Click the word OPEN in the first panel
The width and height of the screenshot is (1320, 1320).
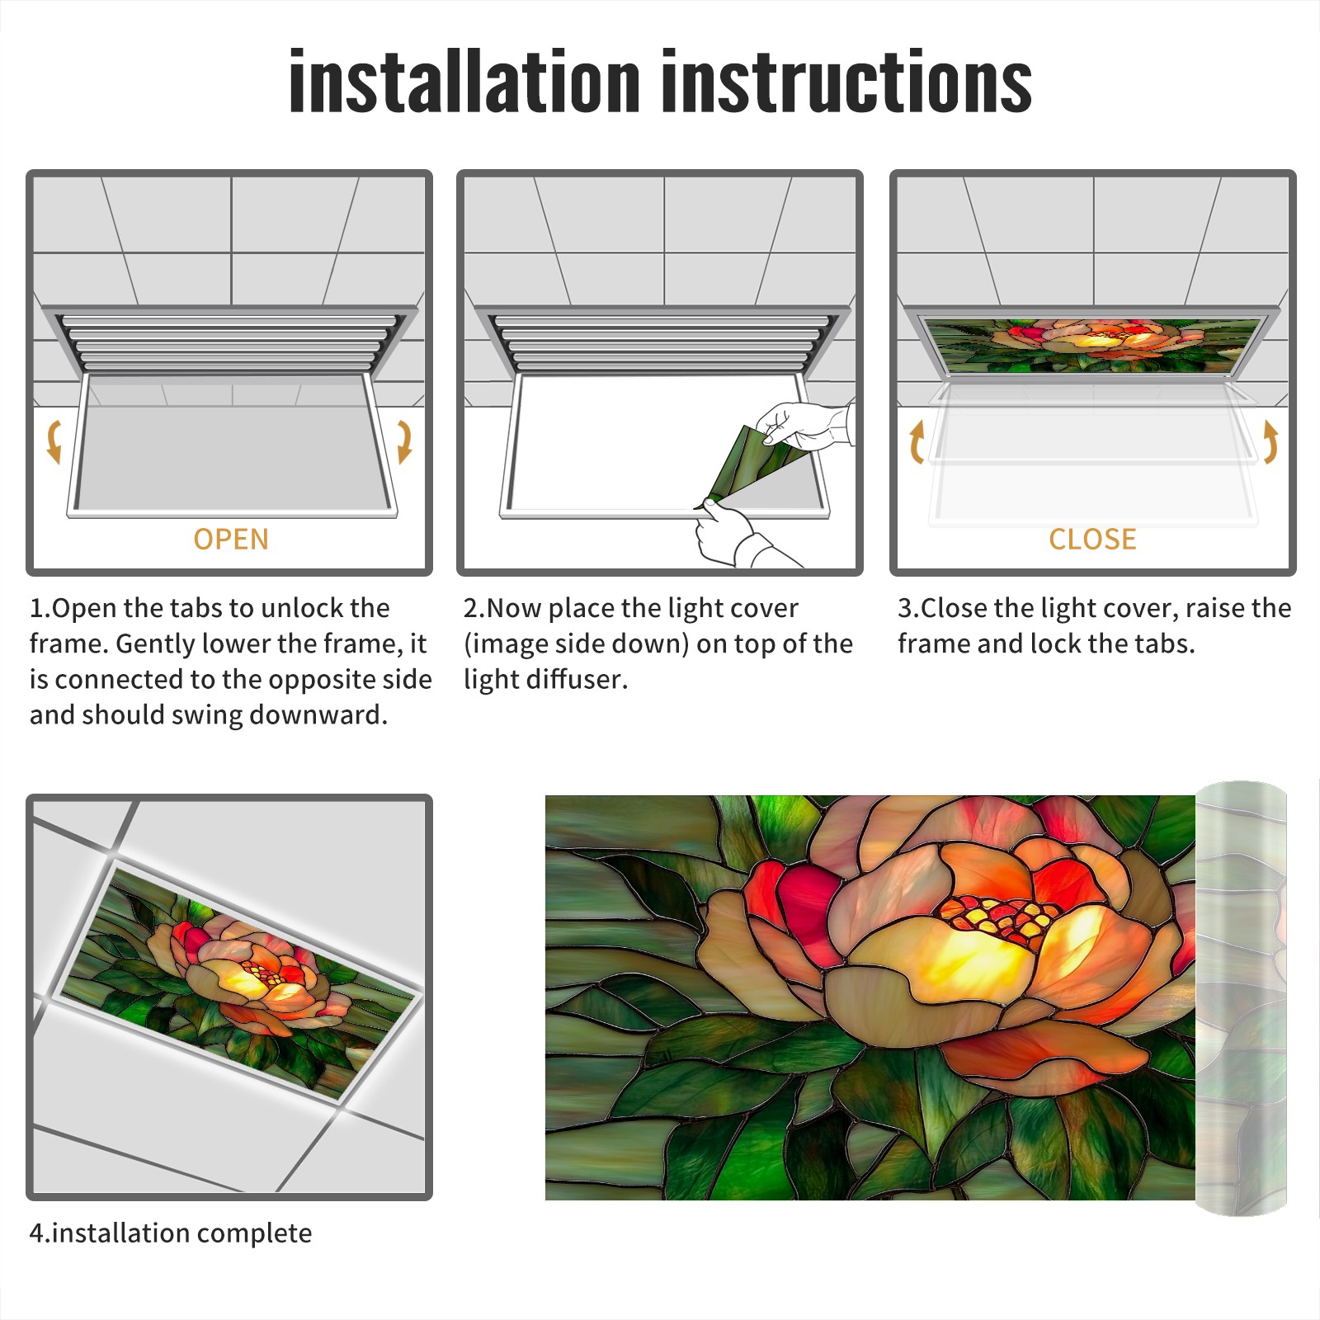231,540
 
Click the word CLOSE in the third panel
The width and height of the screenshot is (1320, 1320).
1092,540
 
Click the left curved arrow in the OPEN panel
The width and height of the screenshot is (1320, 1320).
54,441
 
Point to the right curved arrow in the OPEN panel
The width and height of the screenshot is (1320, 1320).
404,441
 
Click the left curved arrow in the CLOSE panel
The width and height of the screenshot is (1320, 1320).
916,441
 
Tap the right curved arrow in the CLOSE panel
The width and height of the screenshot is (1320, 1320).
1270,441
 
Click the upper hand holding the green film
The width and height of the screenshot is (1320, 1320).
804,425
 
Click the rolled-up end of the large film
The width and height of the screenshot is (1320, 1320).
1241,998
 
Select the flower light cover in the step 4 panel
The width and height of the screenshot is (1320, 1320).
239,982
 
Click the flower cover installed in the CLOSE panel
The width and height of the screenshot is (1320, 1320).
1092,345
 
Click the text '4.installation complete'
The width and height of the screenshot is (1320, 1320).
171,1233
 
